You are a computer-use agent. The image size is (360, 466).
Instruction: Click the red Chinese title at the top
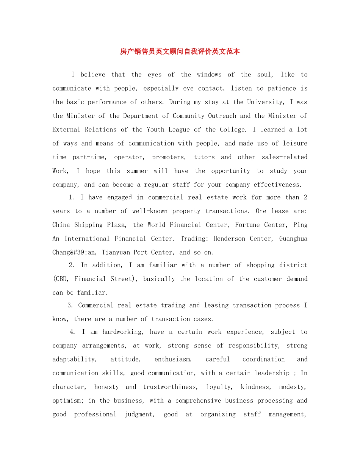point(180,52)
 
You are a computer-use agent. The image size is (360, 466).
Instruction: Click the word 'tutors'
point(204,157)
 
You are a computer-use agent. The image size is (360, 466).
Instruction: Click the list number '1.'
point(72,197)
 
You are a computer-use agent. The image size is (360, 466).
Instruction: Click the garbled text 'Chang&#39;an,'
point(75,252)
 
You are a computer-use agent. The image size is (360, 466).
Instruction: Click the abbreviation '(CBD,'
point(61,279)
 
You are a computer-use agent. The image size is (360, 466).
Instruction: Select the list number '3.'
point(70,305)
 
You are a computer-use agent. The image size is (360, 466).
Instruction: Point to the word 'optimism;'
point(68,400)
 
